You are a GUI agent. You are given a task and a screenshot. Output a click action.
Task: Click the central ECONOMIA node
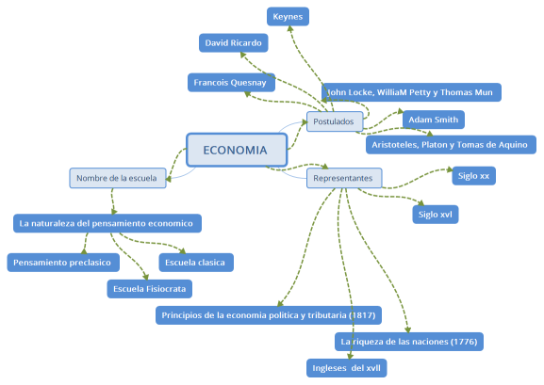[x=235, y=150]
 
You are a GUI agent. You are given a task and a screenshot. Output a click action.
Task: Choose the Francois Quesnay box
[x=231, y=83]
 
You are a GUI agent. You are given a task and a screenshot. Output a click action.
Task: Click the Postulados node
[x=334, y=121]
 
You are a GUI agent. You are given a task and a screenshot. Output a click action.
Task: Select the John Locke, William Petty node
[x=411, y=92]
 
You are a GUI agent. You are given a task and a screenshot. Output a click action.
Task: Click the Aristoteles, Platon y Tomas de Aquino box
[x=451, y=144]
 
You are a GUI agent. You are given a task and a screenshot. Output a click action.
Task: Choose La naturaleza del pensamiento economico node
[x=108, y=223]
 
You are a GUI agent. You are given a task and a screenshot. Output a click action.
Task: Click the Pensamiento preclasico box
[x=61, y=263]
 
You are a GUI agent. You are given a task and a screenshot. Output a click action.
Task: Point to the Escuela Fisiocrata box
[x=150, y=288]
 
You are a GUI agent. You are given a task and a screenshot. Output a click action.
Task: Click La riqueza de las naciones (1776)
[x=409, y=340]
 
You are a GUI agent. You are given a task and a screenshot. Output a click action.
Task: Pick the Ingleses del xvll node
[x=347, y=367]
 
